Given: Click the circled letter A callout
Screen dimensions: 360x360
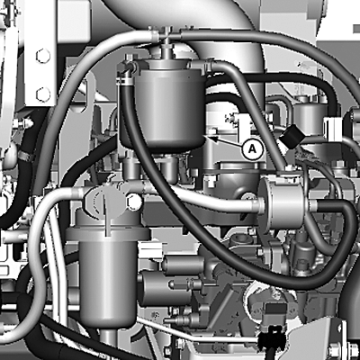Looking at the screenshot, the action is point(253,149).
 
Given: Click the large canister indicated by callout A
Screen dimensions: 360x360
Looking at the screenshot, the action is point(166,105).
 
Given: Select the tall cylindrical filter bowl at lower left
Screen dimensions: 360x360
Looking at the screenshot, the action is point(109,277).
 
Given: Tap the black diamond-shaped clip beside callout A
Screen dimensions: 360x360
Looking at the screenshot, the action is point(291,136).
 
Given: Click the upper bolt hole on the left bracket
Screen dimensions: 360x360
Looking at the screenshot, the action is point(43,56).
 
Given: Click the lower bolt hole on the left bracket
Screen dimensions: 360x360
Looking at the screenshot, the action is point(43,94).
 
